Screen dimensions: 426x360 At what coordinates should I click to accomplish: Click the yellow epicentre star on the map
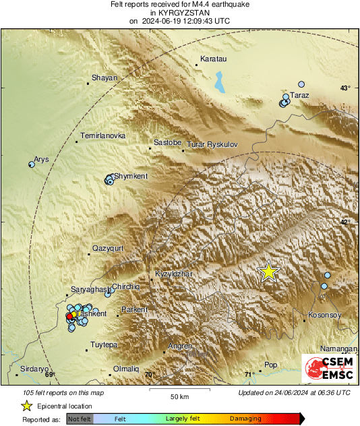tap(268, 271)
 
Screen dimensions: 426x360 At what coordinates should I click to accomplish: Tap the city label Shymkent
tap(131, 176)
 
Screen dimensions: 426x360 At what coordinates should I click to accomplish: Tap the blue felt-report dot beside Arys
tap(31, 164)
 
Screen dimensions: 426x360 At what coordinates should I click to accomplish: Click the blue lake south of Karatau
tap(219, 82)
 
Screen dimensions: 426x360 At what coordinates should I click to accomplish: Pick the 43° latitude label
tap(345, 88)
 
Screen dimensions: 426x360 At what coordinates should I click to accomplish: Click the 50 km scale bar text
tap(179, 396)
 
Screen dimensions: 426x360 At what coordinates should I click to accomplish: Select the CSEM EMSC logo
tap(328, 371)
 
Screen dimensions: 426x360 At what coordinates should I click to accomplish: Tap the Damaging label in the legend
tap(245, 419)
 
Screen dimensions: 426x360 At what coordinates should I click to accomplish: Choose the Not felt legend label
tap(80, 419)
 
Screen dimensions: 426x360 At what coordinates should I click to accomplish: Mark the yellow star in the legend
tap(26, 406)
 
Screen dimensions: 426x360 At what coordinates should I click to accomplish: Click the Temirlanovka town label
tap(102, 136)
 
